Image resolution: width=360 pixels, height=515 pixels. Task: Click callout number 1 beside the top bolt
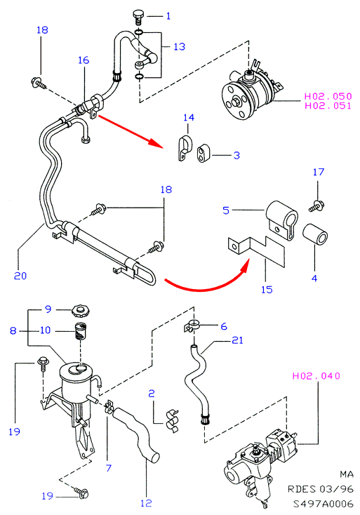(x=168, y=15)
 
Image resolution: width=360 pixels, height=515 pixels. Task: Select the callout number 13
(x=180, y=46)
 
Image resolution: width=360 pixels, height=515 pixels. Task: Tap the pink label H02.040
(x=316, y=376)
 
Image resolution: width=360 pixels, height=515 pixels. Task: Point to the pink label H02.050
(x=328, y=96)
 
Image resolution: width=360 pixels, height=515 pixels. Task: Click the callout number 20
(x=20, y=276)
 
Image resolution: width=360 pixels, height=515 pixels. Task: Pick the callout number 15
(x=267, y=289)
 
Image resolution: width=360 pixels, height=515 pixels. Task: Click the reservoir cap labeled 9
(x=81, y=312)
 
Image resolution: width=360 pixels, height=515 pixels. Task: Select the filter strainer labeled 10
(x=81, y=331)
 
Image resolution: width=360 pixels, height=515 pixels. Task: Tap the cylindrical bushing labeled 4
(x=315, y=234)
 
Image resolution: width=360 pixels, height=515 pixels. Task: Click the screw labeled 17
(x=316, y=206)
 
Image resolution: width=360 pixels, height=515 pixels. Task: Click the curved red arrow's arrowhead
(x=245, y=265)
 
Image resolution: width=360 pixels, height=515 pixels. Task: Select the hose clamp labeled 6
(x=191, y=326)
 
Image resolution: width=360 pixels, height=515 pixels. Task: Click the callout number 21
(x=237, y=340)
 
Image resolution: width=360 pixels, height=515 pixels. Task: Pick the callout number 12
(x=146, y=503)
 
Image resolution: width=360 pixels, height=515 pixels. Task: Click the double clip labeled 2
(x=172, y=420)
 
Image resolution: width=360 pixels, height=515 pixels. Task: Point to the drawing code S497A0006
(x=324, y=504)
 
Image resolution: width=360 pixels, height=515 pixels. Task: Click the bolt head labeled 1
(x=139, y=16)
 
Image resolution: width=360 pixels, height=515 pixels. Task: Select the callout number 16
(x=84, y=60)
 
